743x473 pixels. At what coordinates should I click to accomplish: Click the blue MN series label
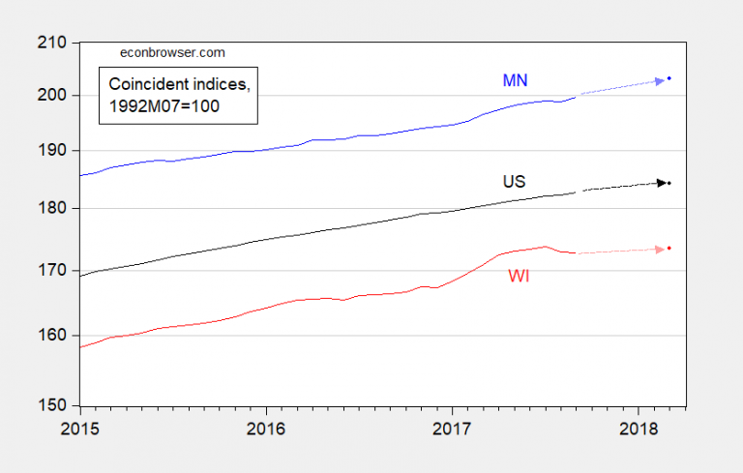tap(515, 80)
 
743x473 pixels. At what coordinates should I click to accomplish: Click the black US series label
tap(514, 181)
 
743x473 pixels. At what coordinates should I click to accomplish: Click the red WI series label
tap(520, 276)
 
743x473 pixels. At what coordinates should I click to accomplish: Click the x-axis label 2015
tap(82, 428)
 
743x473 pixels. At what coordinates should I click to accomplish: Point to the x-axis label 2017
tap(452, 428)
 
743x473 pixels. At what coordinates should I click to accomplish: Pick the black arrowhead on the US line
tap(661, 182)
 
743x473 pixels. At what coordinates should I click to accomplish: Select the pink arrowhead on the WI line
tap(660, 250)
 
